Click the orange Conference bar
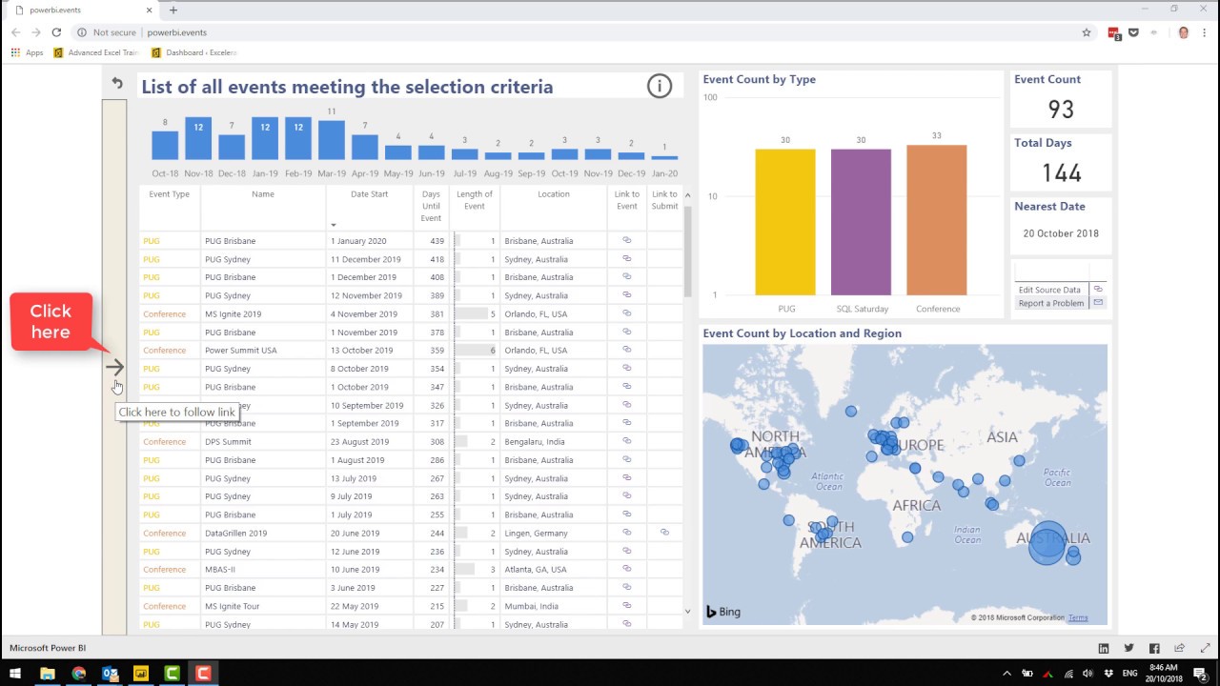point(936,221)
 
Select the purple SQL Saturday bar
point(861,223)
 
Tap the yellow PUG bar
point(785,223)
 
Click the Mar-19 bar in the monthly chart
point(332,140)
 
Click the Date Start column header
point(369,194)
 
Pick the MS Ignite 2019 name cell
point(233,314)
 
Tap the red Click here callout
point(51,321)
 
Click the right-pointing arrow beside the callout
point(114,367)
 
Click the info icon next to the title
point(659,87)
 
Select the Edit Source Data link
point(1049,290)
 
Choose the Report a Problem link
point(1050,303)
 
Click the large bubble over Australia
point(1047,542)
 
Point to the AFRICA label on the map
point(915,506)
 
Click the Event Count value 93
point(1061,110)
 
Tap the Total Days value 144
point(1061,172)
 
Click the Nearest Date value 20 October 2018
point(1061,233)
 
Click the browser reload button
point(56,32)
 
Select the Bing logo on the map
point(723,612)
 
